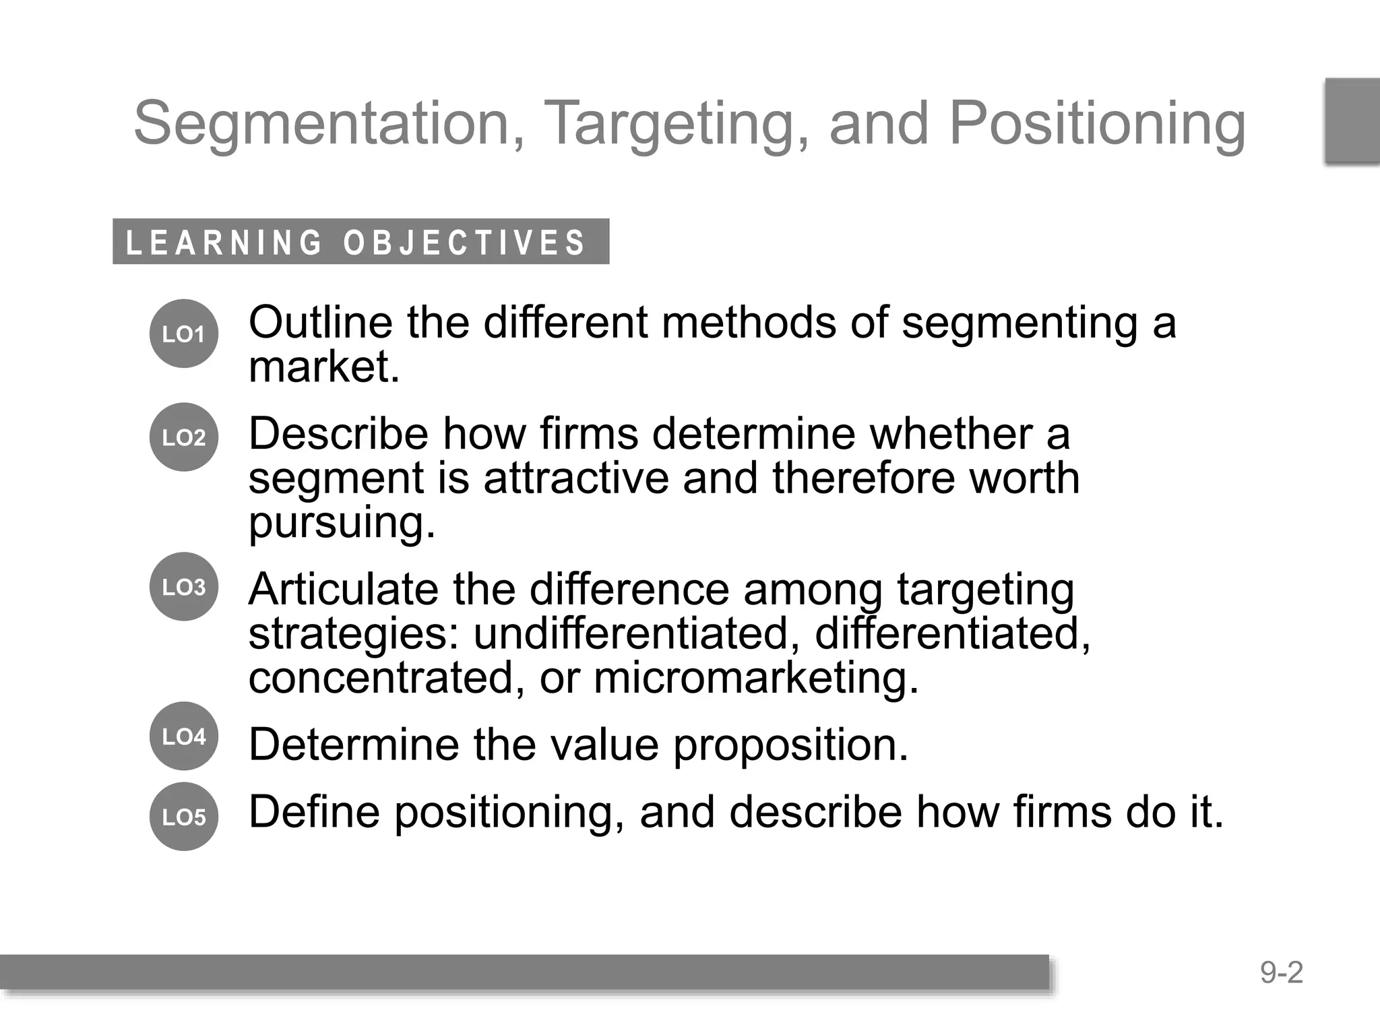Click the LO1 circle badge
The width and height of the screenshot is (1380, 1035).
coord(183,334)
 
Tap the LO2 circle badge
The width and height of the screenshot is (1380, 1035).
coord(183,437)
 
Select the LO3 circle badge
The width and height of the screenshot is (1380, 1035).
coord(183,587)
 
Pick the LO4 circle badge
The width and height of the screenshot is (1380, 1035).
coord(183,736)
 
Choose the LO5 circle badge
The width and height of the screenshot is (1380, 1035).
coord(183,817)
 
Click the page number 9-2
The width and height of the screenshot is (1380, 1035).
coord(1282,973)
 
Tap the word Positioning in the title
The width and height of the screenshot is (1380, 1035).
coord(1097,123)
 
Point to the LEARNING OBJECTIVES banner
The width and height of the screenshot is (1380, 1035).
coord(360,242)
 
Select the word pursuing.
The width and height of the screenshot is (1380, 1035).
coord(342,523)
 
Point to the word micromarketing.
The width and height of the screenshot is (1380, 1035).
coord(755,678)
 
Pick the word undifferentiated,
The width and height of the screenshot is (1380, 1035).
coord(637,633)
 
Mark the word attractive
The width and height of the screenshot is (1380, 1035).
coord(575,478)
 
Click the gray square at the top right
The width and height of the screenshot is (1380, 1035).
coord(1352,121)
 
